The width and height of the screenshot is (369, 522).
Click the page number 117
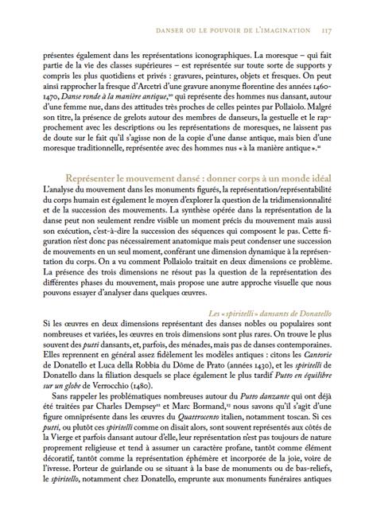pos(327,32)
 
